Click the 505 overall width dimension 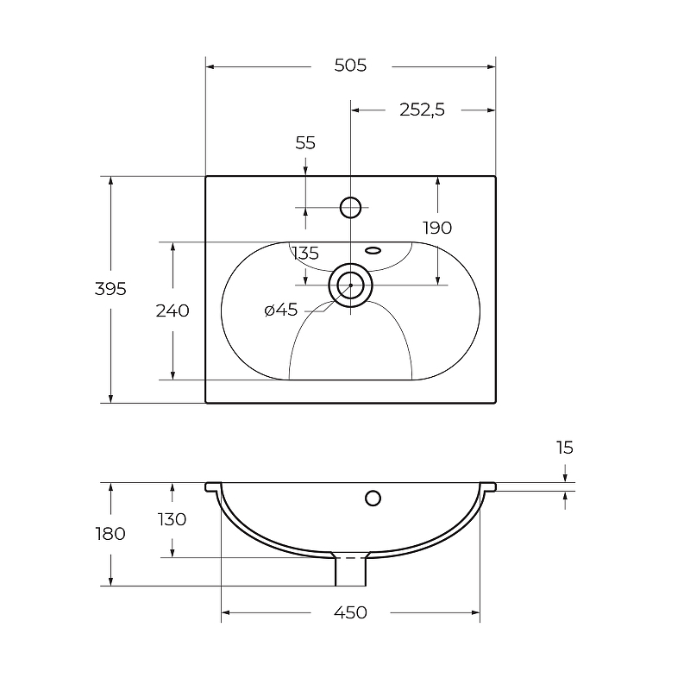pyautogui.click(x=350, y=66)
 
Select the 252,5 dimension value pyautogui.click(x=422, y=110)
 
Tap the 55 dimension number pyautogui.click(x=305, y=143)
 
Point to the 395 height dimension pyautogui.click(x=110, y=289)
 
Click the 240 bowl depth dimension pyautogui.click(x=172, y=310)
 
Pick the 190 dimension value pyautogui.click(x=437, y=228)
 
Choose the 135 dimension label pyautogui.click(x=305, y=254)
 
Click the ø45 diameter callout pyautogui.click(x=281, y=310)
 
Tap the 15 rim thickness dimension pyautogui.click(x=565, y=448)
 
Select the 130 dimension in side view pyautogui.click(x=172, y=520)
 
